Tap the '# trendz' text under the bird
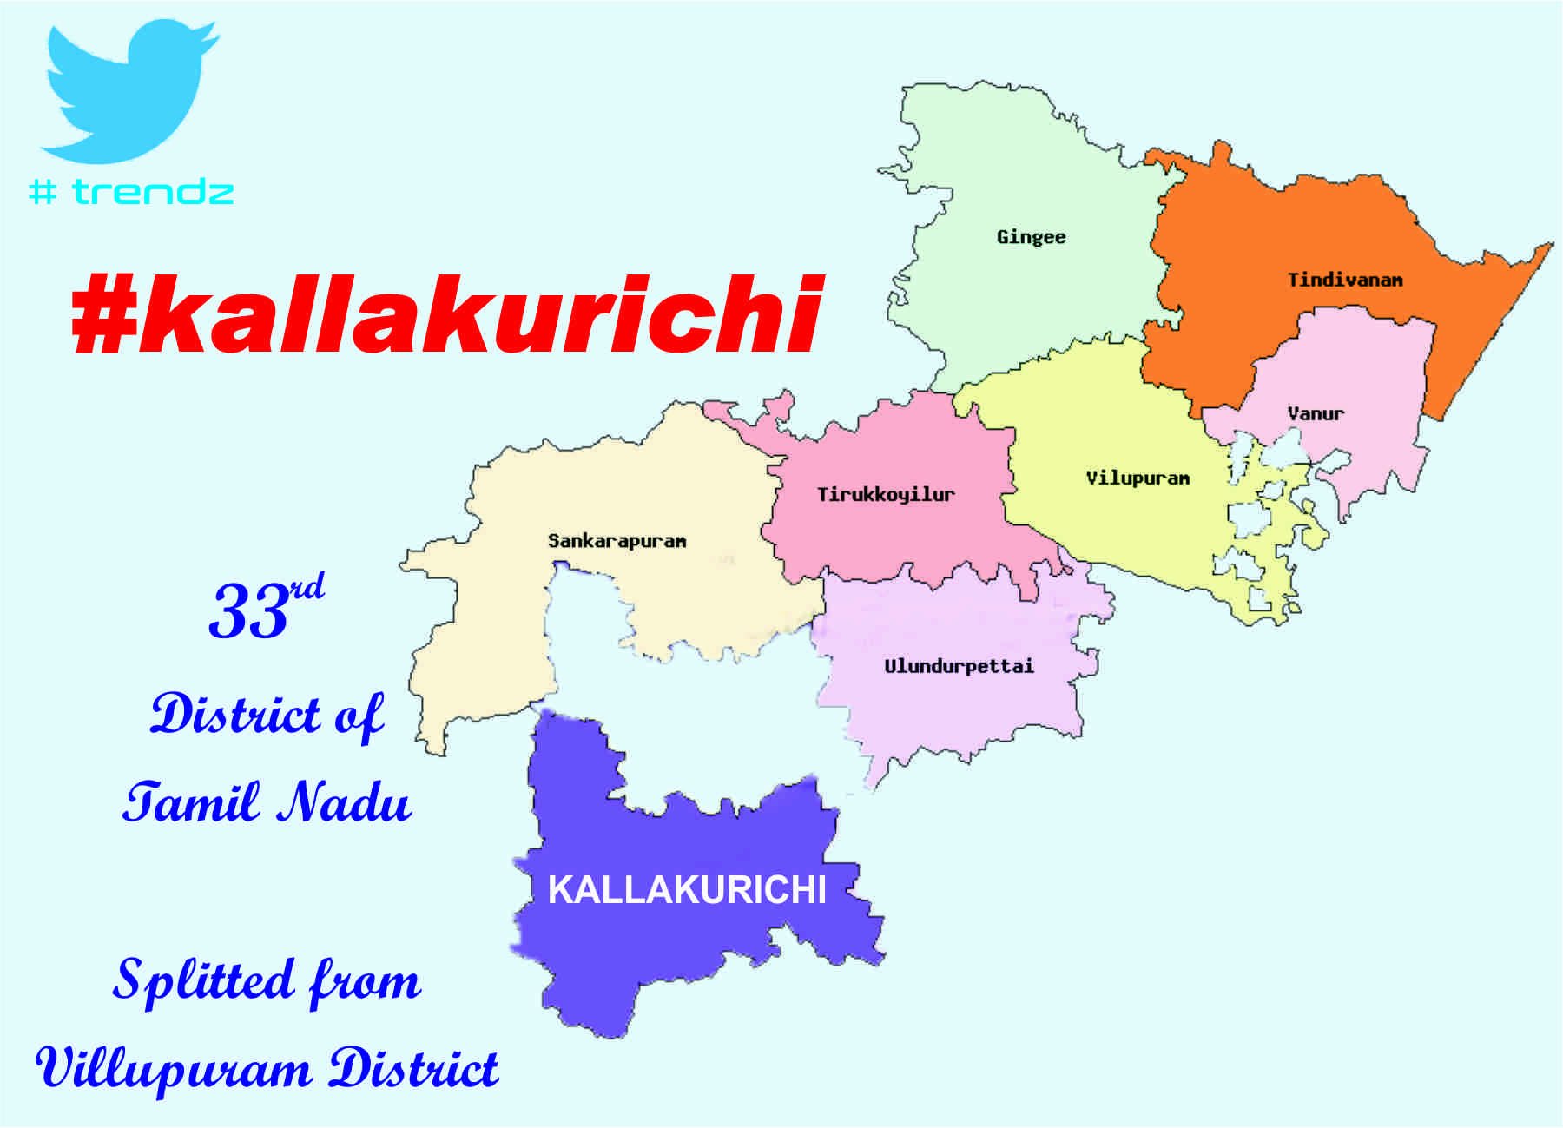tap(131, 191)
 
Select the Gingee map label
tap(1031, 237)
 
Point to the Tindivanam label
tap(1344, 280)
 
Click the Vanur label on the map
tap(1316, 413)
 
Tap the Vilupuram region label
tap(1138, 478)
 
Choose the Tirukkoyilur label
tap(886, 495)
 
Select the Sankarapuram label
tap(617, 541)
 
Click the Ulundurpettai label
tap(959, 666)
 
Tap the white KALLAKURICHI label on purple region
tap(687, 890)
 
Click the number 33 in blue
tap(248, 613)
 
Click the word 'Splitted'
tap(203, 981)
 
